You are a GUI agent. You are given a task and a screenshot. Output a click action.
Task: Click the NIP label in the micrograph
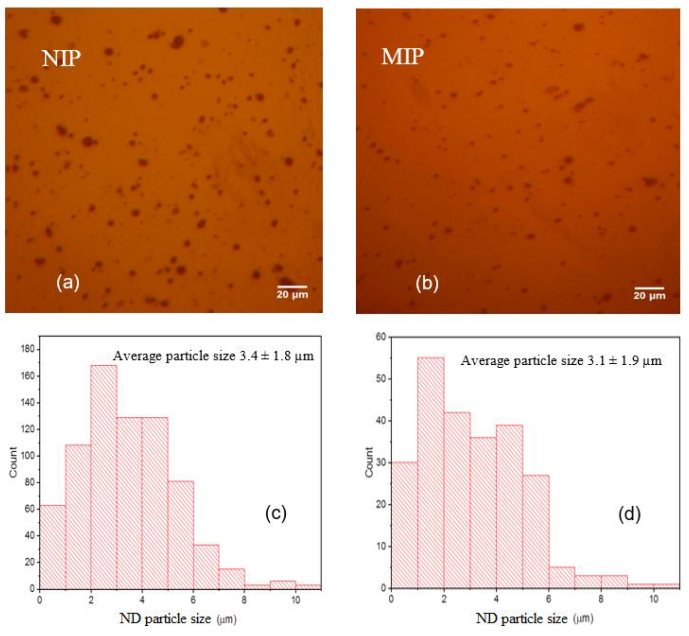pos(61,59)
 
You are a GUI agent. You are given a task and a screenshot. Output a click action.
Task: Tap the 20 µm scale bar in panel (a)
pos(292,286)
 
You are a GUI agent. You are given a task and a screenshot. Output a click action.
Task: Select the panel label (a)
pos(68,283)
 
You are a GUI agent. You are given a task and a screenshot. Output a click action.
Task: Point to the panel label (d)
pos(630,515)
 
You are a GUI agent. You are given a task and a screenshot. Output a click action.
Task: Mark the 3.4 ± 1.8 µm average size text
pos(213,356)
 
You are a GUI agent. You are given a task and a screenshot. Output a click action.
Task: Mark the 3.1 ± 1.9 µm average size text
pos(561,361)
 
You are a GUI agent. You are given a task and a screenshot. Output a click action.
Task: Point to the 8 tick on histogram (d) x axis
pos(601,599)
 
